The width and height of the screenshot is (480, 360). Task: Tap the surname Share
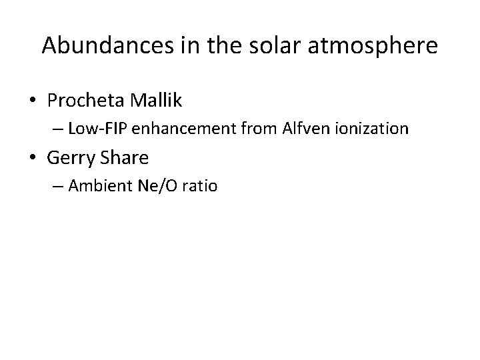[x=125, y=158]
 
